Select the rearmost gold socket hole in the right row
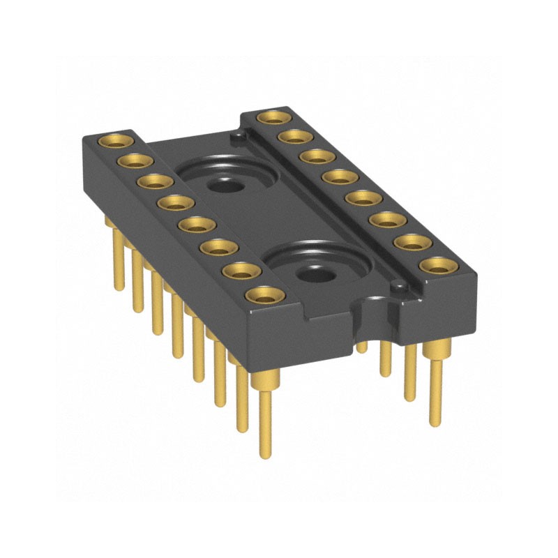(x=272, y=117)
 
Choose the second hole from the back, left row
(x=131, y=161)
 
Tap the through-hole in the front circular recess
(x=315, y=275)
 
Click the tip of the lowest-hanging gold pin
(x=266, y=453)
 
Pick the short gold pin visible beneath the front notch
(x=361, y=347)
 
